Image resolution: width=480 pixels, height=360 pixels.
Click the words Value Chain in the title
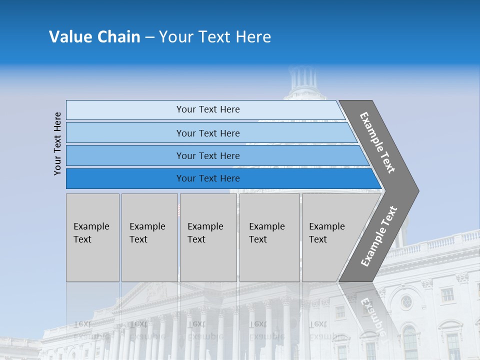coord(94,37)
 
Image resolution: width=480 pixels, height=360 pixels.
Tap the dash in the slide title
coord(149,37)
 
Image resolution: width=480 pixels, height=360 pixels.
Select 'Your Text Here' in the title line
coord(215,37)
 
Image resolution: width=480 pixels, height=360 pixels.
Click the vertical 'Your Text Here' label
coord(57,143)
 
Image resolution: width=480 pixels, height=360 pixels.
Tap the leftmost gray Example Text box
coord(92,237)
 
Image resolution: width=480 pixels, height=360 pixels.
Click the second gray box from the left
coord(149,237)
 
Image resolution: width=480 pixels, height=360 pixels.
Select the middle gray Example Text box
coord(208,237)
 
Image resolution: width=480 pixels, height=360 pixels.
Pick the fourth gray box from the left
coord(269,237)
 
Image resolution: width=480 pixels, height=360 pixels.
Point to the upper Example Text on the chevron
coord(377,142)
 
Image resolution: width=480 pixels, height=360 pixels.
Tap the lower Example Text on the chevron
coord(379,236)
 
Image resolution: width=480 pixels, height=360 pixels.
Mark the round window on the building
coord(406,301)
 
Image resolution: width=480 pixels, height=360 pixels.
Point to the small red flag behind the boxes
coord(178,209)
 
